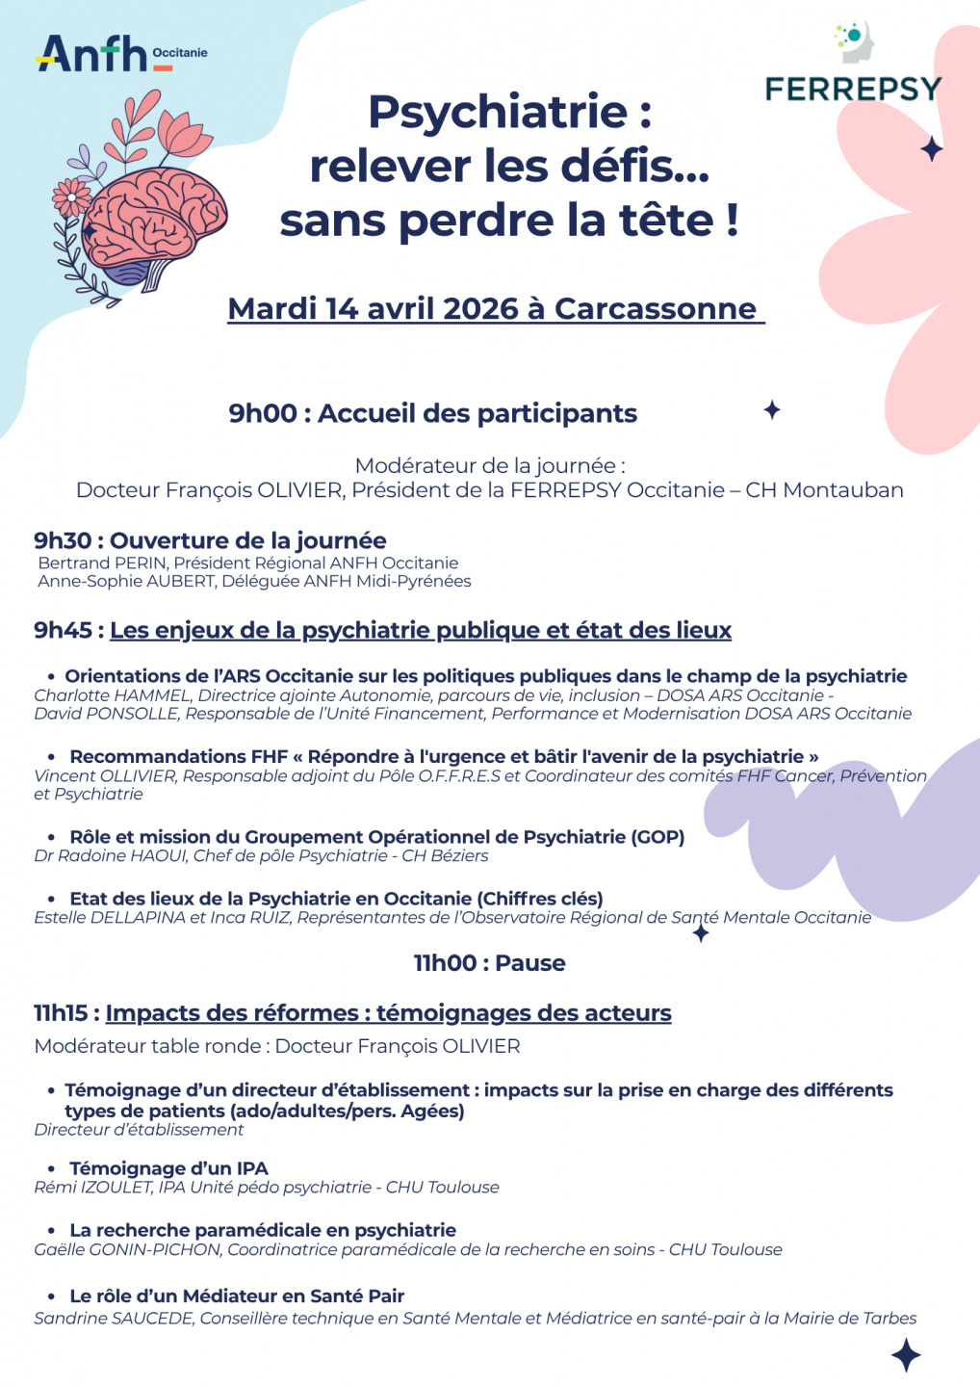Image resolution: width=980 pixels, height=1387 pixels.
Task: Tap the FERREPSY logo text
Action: tap(853, 90)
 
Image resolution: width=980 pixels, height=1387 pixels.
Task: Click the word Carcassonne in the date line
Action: tap(656, 308)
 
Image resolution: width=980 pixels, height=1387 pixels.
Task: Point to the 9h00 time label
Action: tap(262, 413)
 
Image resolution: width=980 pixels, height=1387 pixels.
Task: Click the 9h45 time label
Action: tap(63, 630)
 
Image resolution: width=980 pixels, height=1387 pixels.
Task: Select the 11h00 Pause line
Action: tap(489, 963)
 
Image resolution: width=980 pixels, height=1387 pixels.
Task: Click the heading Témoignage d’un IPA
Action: tap(168, 1168)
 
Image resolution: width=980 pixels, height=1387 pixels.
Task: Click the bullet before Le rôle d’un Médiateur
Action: tap(52, 1296)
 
